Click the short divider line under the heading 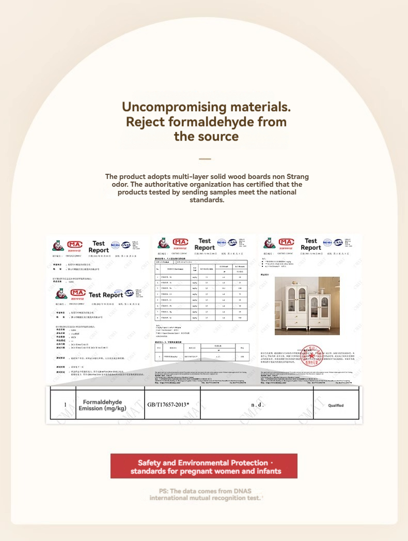coord(205,159)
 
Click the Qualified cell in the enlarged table coord(336,405)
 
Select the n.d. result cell coord(257,404)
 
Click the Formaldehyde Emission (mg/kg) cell coord(102,405)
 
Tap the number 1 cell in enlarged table coord(65,405)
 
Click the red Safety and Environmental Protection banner coord(204,467)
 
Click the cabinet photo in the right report coord(307,306)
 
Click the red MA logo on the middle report coord(180,242)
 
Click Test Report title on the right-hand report coord(310,244)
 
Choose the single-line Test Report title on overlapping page coord(105,295)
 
